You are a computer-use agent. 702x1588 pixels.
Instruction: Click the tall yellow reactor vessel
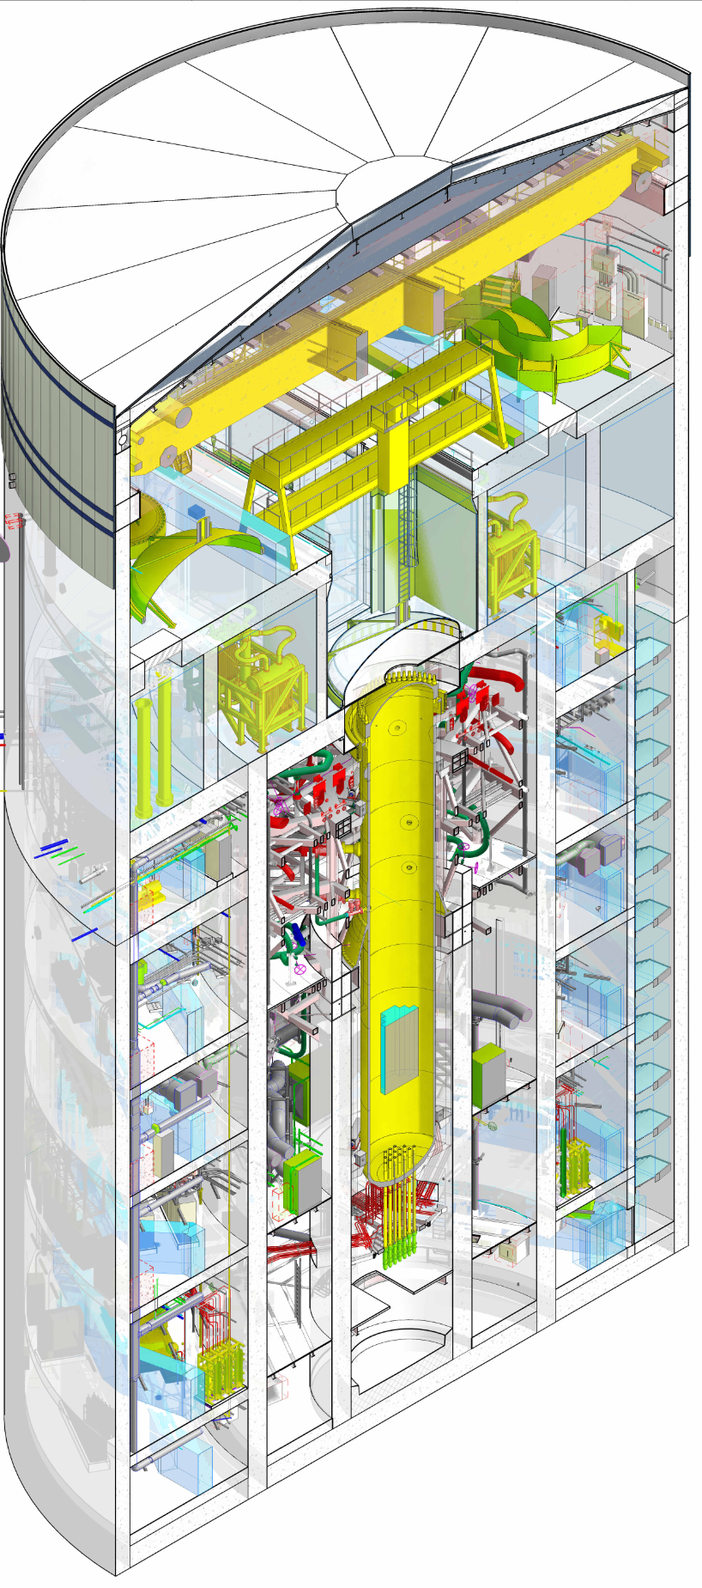tap(396, 902)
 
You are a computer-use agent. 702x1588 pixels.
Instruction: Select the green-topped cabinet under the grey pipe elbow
tap(488, 1074)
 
